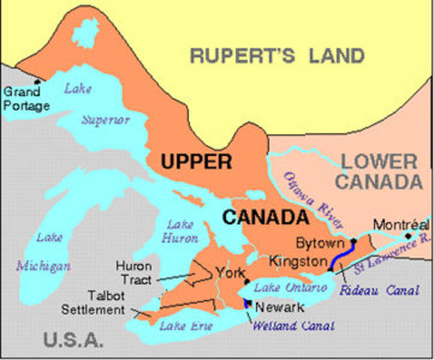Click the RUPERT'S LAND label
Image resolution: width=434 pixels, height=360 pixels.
point(276,56)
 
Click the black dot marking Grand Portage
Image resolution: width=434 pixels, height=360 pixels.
point(37,82)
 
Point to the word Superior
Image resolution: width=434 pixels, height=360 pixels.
point(106,120)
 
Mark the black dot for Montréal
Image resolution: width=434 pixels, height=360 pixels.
point(409,235)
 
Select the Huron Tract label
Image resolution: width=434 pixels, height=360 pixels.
point(134,272)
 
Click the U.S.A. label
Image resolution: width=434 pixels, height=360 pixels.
point(73,340)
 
